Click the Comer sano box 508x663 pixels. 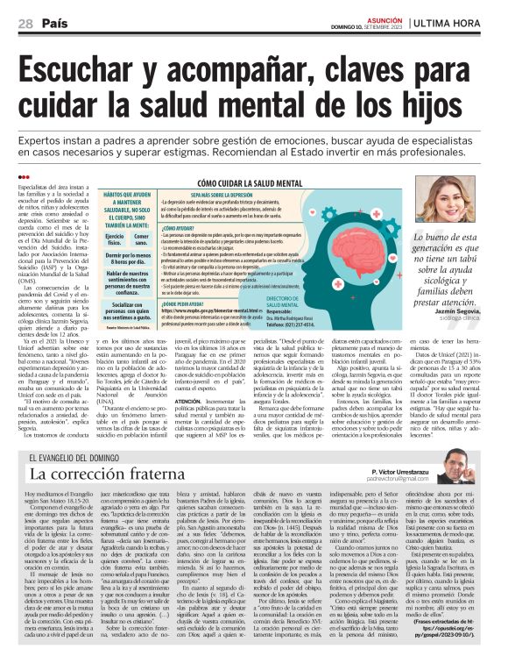[x=141, y=240]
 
